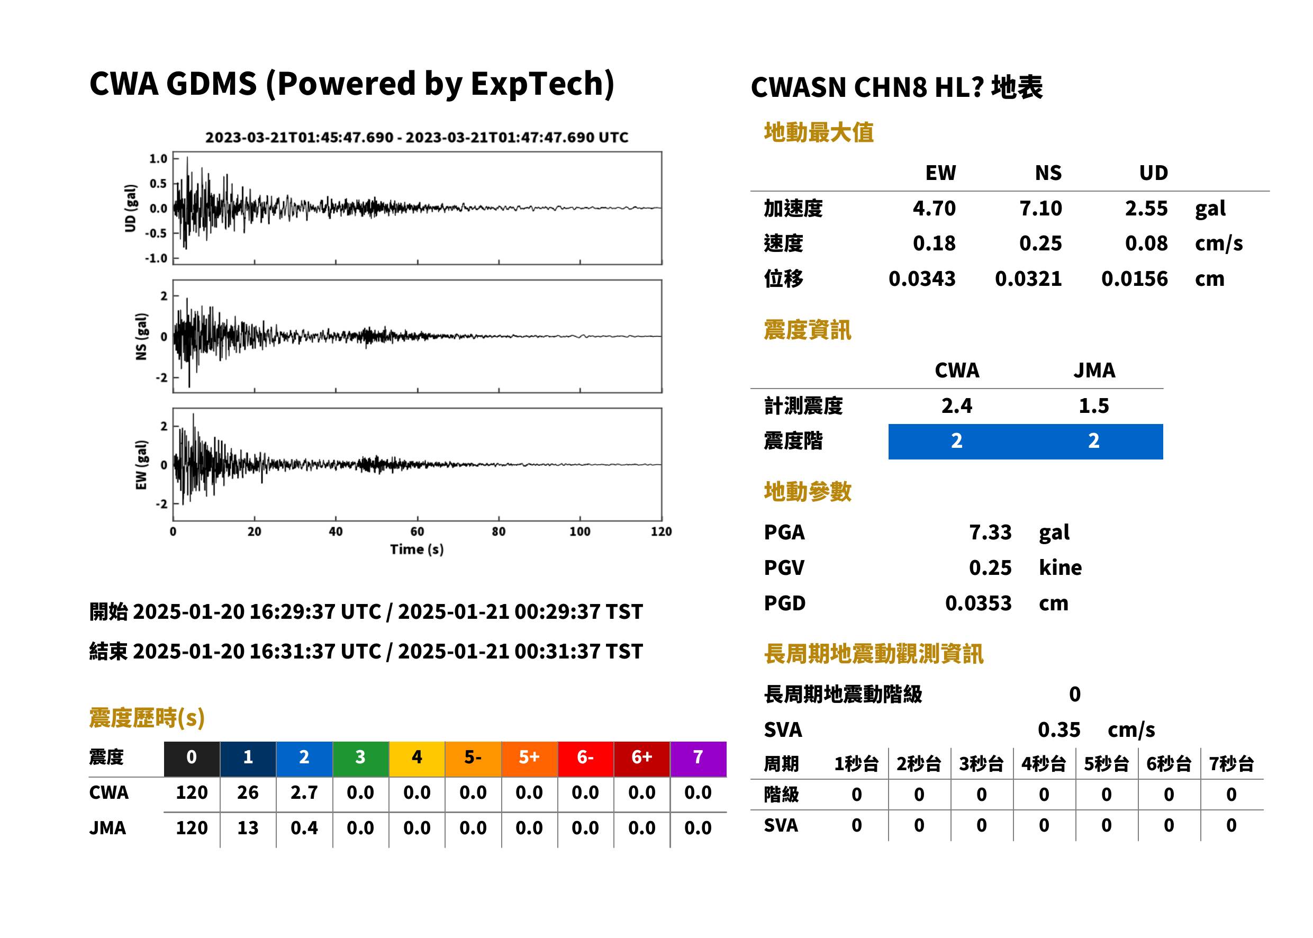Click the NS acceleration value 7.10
click(1040, 208)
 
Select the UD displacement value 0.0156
click(1134, 278)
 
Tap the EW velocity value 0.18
click(934, 243)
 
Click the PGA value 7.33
click(990, 532)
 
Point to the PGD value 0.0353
click(978, 603)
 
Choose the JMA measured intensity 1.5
click(1093, 405)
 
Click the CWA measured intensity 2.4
click(956, 405)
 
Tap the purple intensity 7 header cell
click(698, 757)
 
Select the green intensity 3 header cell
click(360, 757)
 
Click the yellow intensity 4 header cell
click(417, 757)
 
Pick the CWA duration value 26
click(248, 792)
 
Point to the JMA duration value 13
click(248, 828)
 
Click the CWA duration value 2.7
click(304, 792)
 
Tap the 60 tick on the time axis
click(417, 531)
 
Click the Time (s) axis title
click(417, 549)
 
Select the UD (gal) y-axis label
click(131, 208)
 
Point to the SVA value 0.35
click(1058, 729)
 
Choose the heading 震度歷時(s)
click(147, 718)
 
